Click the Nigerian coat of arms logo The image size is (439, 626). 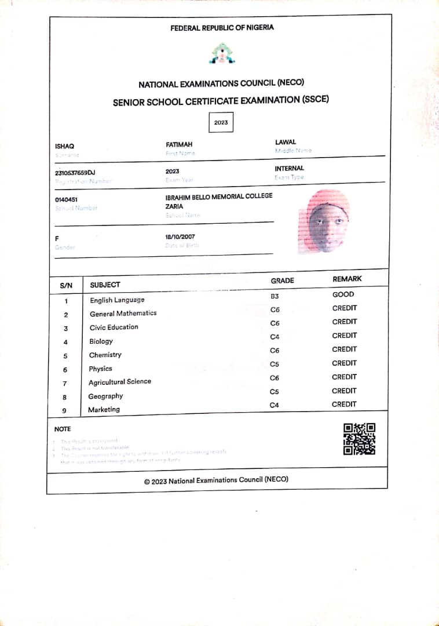[221, 54]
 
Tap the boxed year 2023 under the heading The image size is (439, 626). [221, 123]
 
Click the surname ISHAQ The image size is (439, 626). [64, 147]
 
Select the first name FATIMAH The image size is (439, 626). [179, 144]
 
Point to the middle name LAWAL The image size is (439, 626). [286, 142]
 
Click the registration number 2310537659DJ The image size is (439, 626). [75, 173]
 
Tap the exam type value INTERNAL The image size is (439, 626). [289, 169]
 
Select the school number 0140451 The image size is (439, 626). [66, 199]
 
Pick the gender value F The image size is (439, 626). [57, 238]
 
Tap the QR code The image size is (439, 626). [359, 439]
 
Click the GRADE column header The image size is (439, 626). [282, 281]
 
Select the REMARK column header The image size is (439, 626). [347, 279]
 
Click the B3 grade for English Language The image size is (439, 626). [275, 296]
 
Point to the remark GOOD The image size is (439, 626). [343, 294]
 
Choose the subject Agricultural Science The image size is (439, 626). [120, 382]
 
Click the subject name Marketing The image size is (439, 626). [104, 409]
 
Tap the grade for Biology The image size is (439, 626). [275, 337]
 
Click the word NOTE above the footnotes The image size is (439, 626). [63, 429]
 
